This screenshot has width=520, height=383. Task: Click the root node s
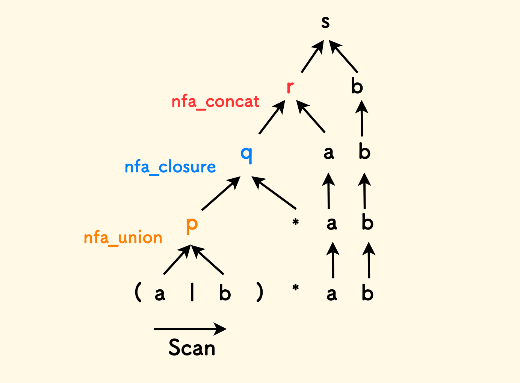pyautogui.click(x=325, y=22)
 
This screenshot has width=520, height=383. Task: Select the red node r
pyautogui.click(x=290, y=87)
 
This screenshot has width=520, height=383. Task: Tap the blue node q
pyautogui.click(x=246, y=153)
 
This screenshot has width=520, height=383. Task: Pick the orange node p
pyautogui.click(x=192, y=224)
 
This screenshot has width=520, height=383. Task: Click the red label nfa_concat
pyautogui.click(x=215, y=102)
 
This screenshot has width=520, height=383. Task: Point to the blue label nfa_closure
pyautogui.click(x=170, y=167)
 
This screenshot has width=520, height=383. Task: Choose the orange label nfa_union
pyautogui.click(x=123, y=238)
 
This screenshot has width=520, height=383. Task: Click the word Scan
pyautogui.click(x=192, y=347)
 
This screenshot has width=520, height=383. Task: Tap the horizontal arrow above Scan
pyautogui.click(x=190, y=329)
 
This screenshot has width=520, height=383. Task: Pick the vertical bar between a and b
pyautogui.click(x=192, y=292)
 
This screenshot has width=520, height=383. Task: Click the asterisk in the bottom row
pyautogui.click(x=295, y=289)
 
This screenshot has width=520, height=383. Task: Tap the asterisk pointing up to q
pyautogui.click(x=295, y=222)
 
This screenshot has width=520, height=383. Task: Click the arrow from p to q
pyautogui.click(x=221, y=193)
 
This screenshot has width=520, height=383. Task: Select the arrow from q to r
pyautogui.click(x=271, y=119)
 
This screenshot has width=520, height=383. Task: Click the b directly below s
pyautogui.click(x=357, y=87)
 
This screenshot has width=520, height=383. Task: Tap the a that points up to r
pyautogui.click(x=329, y=152)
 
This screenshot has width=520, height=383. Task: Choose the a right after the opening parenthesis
pyautogui.click(x=160, y=293)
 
